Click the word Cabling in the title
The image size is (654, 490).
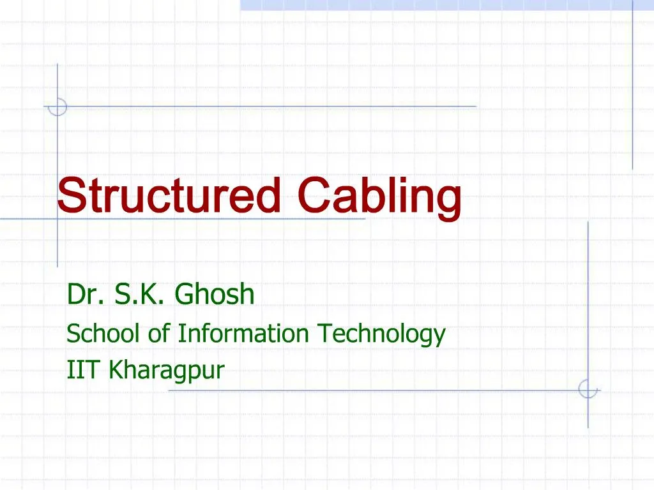coord(380,196)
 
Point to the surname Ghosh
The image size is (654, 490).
coord(215,295)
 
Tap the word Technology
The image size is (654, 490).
coord(381,334)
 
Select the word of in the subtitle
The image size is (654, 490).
coord(156,333)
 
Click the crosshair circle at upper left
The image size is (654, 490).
coord(57,107)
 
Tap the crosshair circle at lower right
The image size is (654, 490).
coord(588,389)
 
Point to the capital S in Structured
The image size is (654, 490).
coord(69,196)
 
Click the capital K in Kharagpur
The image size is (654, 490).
coord(115,369)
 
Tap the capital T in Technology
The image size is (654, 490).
coord(324,333)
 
